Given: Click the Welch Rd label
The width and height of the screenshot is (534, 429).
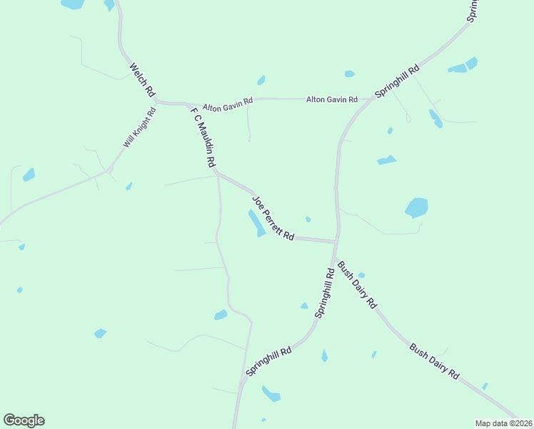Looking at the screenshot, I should pos(142,80).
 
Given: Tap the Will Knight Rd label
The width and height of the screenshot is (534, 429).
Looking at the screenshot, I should pos(139,128).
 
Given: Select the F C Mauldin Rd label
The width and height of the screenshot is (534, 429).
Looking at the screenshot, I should pos(203,137).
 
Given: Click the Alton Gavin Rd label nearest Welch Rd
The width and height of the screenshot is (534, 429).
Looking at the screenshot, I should pos(228,105).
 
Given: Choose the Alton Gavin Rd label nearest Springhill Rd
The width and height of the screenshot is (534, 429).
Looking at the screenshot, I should pos(332,99).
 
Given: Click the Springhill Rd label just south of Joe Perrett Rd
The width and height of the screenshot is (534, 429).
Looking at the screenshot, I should pos(325,293).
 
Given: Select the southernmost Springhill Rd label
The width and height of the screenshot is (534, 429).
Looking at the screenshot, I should pos(269,362).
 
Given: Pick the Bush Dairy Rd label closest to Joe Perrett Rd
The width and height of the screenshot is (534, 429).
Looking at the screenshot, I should pos(357,284).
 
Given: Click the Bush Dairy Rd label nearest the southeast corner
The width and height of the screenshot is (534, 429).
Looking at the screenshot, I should pos(434,362).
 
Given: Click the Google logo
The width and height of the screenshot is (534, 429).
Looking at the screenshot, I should pos(24,420).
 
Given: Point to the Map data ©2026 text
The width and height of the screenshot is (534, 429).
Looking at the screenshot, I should pos(503,423).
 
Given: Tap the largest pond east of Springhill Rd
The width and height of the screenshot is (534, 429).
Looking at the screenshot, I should pos(416,207).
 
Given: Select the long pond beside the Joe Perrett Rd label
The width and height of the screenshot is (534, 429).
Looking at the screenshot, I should pos(256,222).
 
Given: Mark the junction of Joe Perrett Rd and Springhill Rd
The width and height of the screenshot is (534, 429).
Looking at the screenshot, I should pos(335,242).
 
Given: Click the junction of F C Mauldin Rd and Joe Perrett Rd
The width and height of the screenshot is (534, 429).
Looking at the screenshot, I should pos(216,173).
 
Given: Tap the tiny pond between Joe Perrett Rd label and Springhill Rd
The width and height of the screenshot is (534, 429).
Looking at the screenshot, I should pos(308,219).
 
